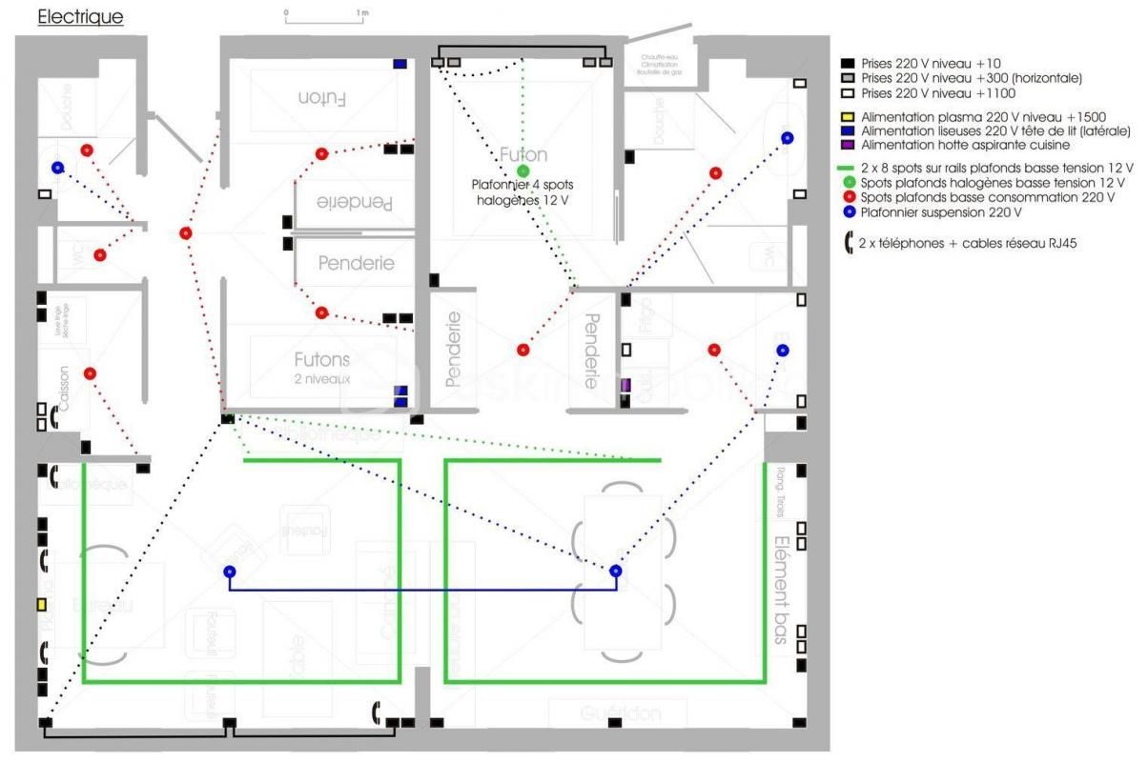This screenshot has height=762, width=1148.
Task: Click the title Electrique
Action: point(80,17)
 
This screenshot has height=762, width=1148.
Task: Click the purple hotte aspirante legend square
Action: point(847,145)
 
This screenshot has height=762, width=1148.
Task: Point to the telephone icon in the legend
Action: point(847,243)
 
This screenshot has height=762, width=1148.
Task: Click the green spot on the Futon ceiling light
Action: point(522,170)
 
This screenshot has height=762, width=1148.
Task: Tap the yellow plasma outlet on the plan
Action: point(42,604)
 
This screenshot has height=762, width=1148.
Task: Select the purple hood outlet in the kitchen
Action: point(625,385)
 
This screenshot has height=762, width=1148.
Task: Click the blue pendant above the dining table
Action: point(616,571)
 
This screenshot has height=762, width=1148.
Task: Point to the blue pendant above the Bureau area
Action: point(229,571)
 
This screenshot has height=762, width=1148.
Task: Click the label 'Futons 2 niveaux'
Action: point(321,366)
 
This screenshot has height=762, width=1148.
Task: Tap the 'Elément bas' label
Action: point(780,591)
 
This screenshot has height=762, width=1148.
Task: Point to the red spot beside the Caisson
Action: point(90,373)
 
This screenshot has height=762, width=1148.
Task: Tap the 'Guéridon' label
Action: point(619,714)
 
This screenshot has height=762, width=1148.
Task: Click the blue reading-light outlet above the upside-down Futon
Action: point(400,64)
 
